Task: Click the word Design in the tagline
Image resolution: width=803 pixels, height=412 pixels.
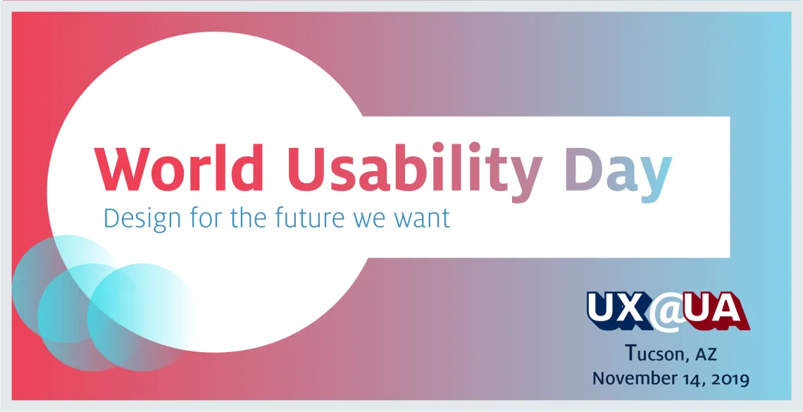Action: tap(142, 218)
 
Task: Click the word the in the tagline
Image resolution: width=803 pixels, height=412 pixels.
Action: tap(248, 217)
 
